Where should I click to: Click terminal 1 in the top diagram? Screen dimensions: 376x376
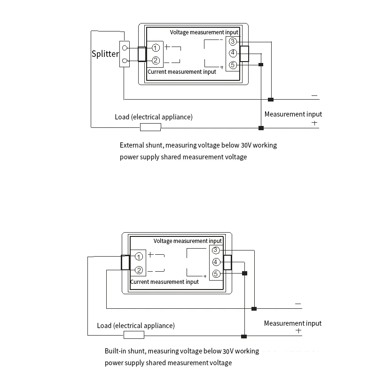(x=156, y=48)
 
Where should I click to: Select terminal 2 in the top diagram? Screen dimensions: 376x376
(x=156, y=60)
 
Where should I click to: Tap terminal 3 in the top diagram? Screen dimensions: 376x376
(x=233, y=42)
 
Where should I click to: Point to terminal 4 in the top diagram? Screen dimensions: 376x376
(x=233, y=53)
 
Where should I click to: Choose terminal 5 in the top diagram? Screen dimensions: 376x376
(x=233, y=65)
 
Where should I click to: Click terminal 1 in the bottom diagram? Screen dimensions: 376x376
(x=139, y=257)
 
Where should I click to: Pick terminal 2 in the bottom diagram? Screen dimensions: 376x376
(x=139, y=270)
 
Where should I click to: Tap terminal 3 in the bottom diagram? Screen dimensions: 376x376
(x=216, y=250)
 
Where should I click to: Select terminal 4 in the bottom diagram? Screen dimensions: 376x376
(x=216, y=262)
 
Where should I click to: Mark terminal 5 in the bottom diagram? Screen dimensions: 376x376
(x=216, y=274)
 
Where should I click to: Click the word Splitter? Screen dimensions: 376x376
(x=105, y=54)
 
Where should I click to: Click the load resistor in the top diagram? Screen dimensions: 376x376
(x=151, y=127)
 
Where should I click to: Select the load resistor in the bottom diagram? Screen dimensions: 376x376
(x=134, y=335)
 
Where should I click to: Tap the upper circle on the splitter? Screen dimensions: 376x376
(x=125, y=47)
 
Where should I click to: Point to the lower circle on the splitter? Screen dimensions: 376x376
(x=125, y=61)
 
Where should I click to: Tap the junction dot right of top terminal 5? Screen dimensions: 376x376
(x=261, y=65)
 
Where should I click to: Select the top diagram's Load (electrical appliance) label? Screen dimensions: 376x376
(x=154, y=117)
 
